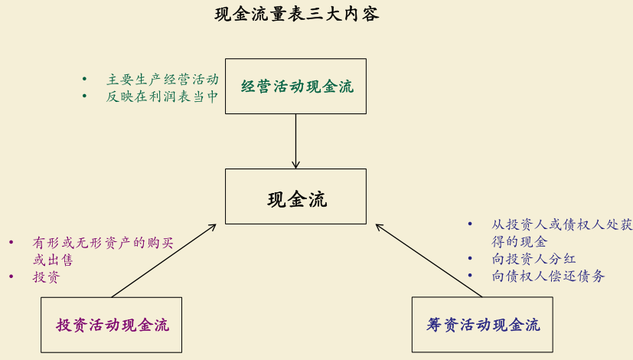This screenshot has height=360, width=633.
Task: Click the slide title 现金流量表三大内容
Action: [297, 15]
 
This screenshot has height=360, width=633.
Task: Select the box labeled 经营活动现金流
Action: [295, 87]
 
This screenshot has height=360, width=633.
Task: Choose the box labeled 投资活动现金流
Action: [112, 325]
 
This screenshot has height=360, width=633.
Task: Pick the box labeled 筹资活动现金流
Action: [482, 325]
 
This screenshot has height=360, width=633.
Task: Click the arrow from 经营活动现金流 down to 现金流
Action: [295, 141]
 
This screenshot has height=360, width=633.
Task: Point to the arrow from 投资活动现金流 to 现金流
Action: [163, 260]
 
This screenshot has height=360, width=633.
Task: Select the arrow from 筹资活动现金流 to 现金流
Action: [429, 260]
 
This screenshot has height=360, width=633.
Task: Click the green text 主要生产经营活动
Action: [162, 79]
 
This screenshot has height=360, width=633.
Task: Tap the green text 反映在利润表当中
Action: [162, 97]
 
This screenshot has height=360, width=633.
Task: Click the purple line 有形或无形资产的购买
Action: [103, 243]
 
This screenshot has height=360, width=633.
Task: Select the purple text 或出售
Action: [53, 260]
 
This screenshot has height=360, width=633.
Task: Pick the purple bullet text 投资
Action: [46, 277]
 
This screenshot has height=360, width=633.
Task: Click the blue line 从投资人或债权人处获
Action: [562, 224]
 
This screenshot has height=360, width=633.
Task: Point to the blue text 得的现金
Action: [520, 241]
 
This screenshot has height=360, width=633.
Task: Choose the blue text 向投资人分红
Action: [533, 259]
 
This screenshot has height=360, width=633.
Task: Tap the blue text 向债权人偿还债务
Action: [548, 277]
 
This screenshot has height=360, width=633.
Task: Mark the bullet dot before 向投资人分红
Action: [470, 259]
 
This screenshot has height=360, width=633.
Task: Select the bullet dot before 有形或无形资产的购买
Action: [11, 243]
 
